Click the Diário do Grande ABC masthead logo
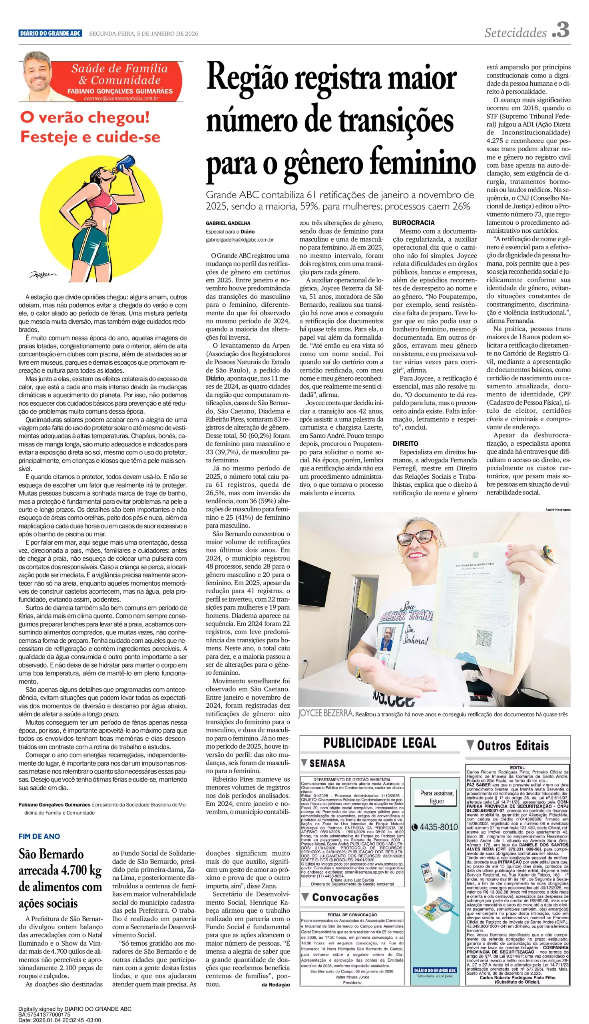tap(50, 33)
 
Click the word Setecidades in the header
tap(515, 32)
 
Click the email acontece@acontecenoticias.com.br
tap(121, 98)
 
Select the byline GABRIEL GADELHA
tap(228, 223)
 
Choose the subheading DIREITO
tap(405, 443)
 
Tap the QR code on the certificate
tap(484, 638)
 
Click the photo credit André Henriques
tap(557, 509)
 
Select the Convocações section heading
tap(345, 897)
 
